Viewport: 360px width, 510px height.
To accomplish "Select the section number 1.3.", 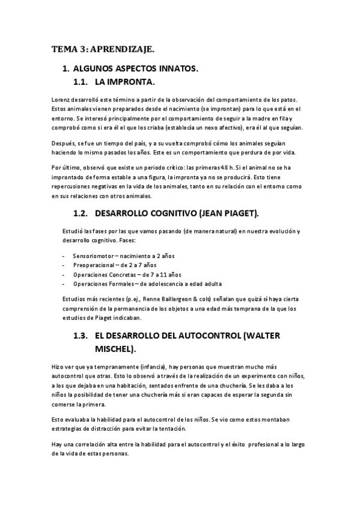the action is pyautogui.click(x=81, y=336).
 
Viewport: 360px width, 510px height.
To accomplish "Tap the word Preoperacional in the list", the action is pyautogui.click(x=93, y=265).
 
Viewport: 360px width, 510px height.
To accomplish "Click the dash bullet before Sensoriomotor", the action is pyautogui.click(x=64, y=255).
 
